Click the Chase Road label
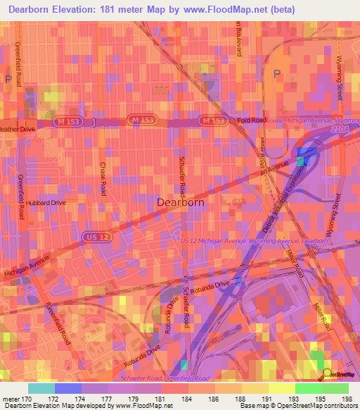coord(103,178)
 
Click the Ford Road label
coord(252,120)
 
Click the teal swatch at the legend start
coord(41,388)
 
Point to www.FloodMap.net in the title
coord(226,9)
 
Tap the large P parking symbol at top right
coord(276,75)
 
